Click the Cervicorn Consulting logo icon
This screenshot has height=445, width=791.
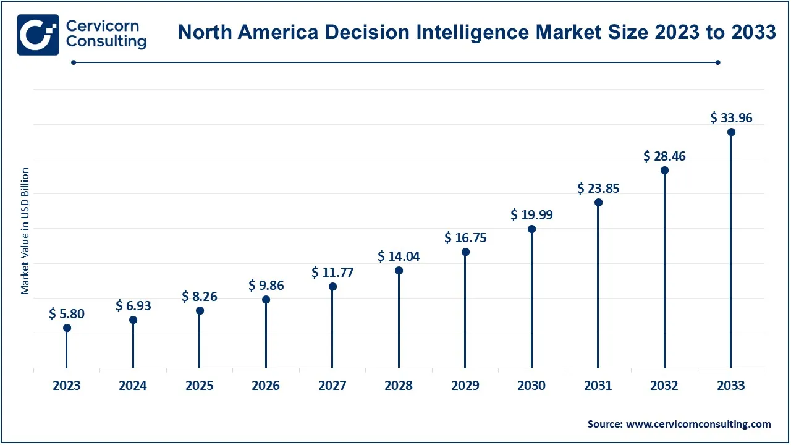click(38, 35)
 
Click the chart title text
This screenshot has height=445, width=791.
click(476, 32)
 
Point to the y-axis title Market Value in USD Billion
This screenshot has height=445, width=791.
click(25, 231)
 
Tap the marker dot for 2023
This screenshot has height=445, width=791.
click(67, 328)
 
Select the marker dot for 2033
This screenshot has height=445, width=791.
click(731, 132)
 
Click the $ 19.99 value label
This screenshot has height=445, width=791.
click(531, 215)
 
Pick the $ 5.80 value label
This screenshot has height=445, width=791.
click(67, 314)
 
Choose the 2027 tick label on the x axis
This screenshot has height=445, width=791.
click(332, 386)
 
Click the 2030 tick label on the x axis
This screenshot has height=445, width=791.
click(531, 386)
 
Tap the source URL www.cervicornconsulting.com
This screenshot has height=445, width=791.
click(698, 424)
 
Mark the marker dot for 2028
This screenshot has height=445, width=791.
click(399, 270)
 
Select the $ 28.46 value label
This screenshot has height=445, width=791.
click(664, 156)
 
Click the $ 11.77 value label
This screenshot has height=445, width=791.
click(332, 272)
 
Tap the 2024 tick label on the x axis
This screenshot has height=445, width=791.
click(133, 386)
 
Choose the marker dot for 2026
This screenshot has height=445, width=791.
click(266, 299)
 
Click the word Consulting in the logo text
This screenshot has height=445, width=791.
click(106, 42)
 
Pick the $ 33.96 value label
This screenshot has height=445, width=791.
click(731, 117)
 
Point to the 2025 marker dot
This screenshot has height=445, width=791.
click(200, 310)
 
